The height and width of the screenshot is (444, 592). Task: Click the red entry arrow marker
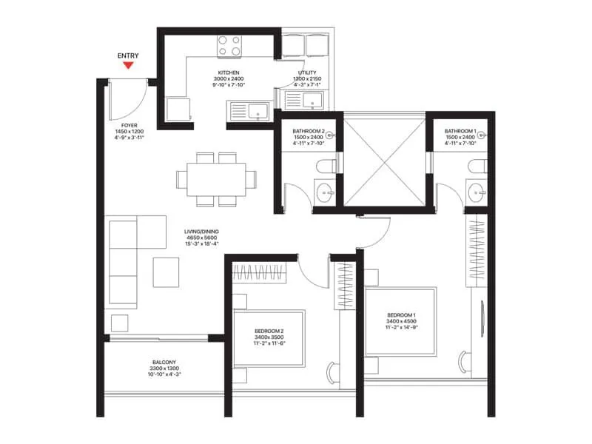tap(128, 65)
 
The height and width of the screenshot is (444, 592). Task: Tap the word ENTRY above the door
tap(128, 55)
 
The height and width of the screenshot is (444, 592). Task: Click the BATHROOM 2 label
tap(309, 130)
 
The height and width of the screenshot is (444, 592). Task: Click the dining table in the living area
tap(216, 178)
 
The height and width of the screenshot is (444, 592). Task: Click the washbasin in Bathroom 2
tap(323, 194)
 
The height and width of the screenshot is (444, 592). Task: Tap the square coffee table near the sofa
tap(166, 272)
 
